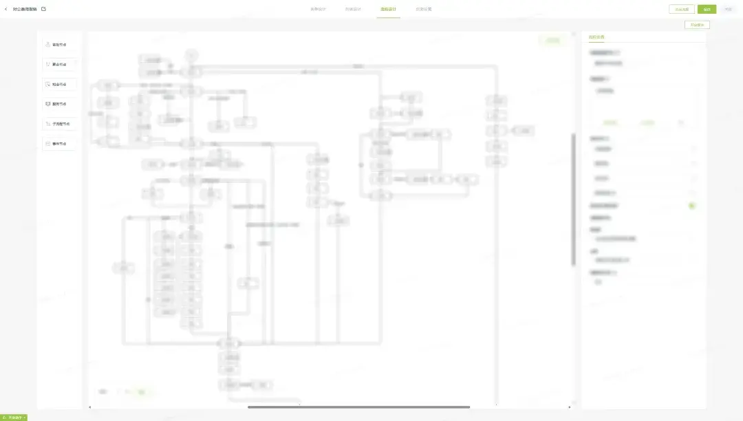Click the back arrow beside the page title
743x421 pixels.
point(6,9)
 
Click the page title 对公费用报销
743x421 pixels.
point(25,9)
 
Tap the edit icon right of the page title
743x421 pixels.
point(43,9)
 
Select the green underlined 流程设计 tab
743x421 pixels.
point(388,9)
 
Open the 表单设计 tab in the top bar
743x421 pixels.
point(318,9)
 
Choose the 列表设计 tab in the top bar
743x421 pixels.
point(353,9)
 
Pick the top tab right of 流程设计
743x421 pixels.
point(424,9)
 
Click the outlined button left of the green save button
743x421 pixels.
point(681,9)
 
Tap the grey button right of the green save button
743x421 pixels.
point(728,9)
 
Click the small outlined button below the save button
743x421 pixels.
point(697,25)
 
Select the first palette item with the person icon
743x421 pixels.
point(59,45)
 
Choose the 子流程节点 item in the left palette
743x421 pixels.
point(59,124)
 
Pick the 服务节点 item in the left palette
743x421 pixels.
point(59,104)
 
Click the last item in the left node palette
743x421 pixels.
point(59,144)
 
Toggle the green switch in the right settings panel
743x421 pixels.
point(692,206)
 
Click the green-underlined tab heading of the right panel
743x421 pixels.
point(596,37)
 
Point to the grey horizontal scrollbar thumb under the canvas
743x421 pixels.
point(358,407)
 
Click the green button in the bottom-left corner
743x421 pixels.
point(14,417)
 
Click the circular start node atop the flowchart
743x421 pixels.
point(192,55)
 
